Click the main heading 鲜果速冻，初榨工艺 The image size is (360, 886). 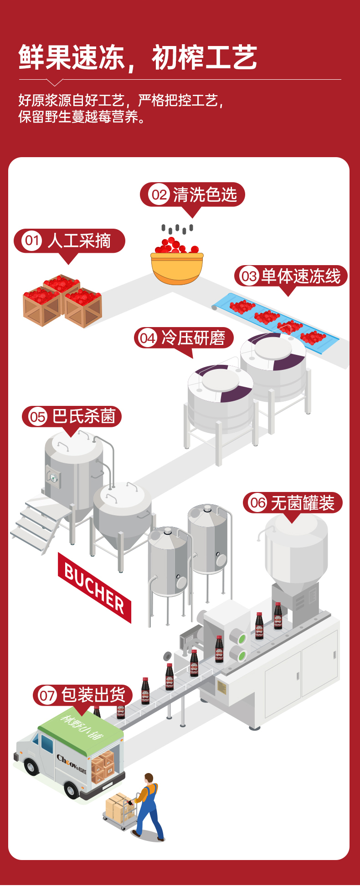click(x=138, y=58)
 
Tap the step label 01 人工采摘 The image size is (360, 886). click(x=69, y=241)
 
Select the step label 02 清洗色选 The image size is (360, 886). click(x=192, y=195)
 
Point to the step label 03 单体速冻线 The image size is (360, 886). click(x=291, y=276)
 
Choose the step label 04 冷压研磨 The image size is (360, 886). click(x=184, y=338)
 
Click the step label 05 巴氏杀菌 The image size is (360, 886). click(x=72, y=416)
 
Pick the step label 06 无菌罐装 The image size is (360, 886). click(x=293, y=503)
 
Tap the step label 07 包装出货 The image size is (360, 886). click(x=83, y=695)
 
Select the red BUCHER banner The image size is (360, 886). click(x=94, y=587)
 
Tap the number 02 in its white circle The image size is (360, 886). click(x=159, y=195)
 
